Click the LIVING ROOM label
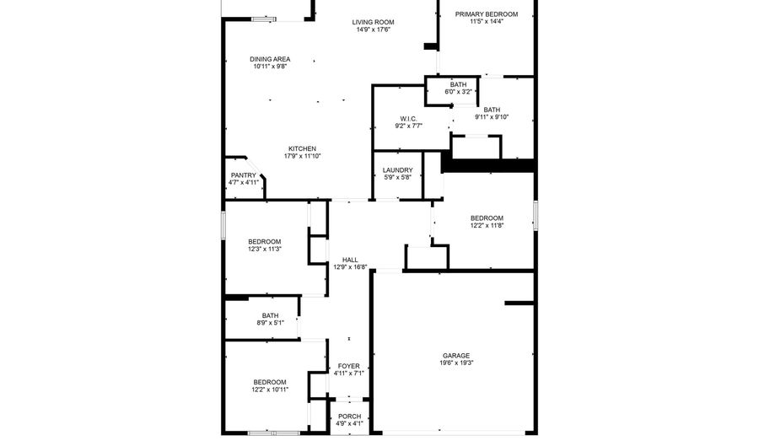tap(373, 21)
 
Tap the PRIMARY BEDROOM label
tap(486, 13)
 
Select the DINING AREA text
tap(270, 59)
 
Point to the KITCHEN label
tap(302, 148)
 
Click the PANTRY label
tap(243, 175)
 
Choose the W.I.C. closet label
tap(408, 118)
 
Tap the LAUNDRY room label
tap(398, 169)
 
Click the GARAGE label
tap(456, 355)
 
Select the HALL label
tap(349, 260)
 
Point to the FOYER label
tap(348, 366)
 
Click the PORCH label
tap(349, 416)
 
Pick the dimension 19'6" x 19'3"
tap(456, 363)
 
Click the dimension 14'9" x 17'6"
tap(373, 30)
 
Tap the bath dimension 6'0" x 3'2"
tap(458, 91)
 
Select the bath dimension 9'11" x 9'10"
tap(492, 116)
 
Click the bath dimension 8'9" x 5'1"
tap(269, 322)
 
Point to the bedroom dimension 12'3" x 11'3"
tap(264, 249)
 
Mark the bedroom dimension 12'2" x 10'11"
tap(270, 390)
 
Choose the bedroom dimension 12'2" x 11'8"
tap(487, 225)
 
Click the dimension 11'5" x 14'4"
tap(486, 22)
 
